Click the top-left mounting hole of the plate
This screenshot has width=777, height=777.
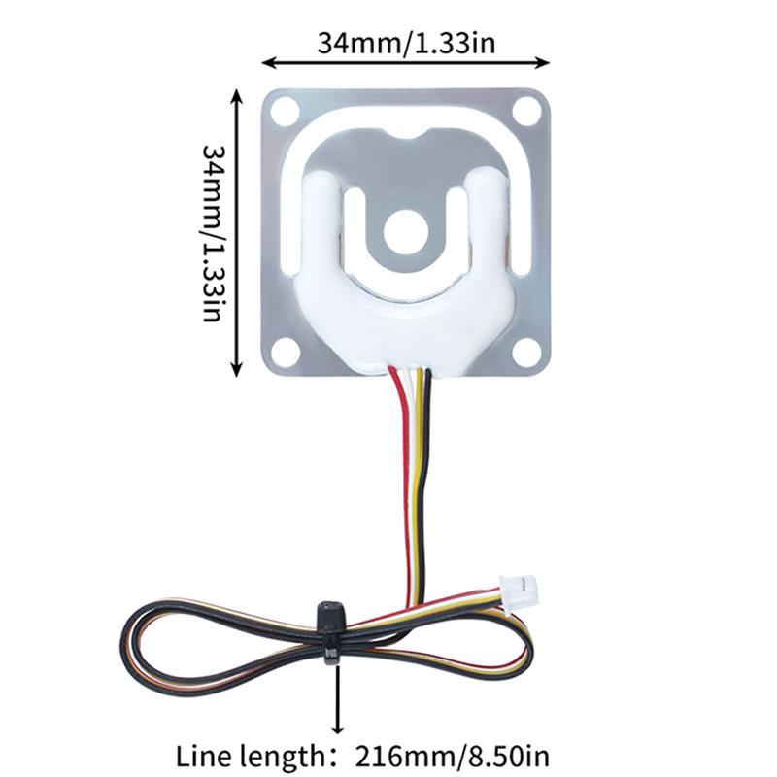(285, 112)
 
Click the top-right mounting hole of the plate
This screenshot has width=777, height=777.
(526, 112)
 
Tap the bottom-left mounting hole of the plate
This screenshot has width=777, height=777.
(285, 352)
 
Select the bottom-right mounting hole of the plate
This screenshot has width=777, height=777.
(526, 352)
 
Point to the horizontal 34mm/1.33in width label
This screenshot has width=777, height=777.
(406, 43)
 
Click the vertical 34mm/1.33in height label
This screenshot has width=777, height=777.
(212, 233)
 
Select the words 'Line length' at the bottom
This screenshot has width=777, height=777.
(250, 757)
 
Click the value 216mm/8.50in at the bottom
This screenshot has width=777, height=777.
(453, 757)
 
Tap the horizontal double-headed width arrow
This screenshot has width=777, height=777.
(406, 62)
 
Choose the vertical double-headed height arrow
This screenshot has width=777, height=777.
(237, 232)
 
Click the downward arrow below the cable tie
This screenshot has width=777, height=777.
(337, 698)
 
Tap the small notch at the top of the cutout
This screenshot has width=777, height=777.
(406, 134)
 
